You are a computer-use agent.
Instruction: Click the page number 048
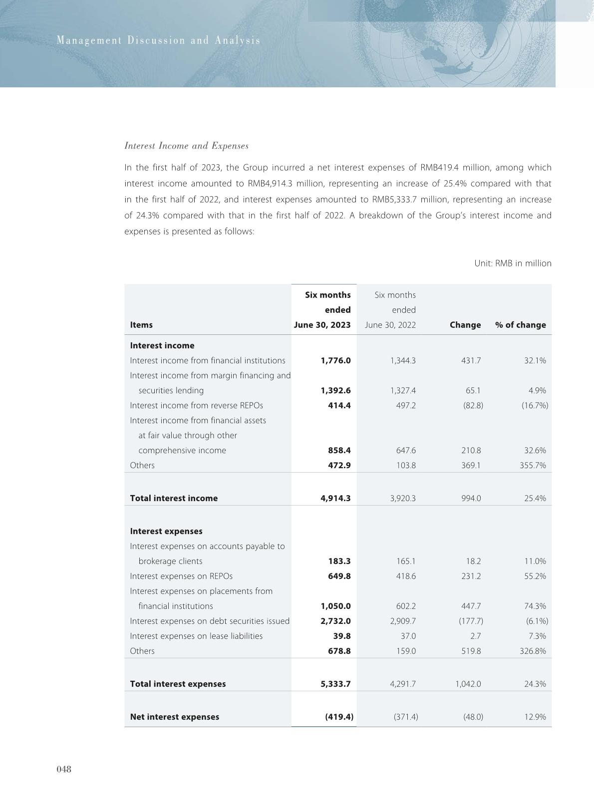click(x=64, y=769)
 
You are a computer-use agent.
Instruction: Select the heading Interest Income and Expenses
click(x=186, y=146)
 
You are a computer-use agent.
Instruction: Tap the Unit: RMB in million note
click(x=513, y=263)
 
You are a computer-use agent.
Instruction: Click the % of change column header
click(x=520, y=325)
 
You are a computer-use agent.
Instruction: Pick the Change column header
click(x=465, y=325)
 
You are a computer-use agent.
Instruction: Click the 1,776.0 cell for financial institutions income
click(x=335, y=360)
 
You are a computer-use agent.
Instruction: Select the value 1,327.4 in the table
click(x=402, y=390)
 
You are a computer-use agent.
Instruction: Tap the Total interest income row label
click(x=174, y=498)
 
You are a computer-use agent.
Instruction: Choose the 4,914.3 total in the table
click(x=335, y=498)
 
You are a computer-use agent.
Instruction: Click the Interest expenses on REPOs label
click(x=181, y=576)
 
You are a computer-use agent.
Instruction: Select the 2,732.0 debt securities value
click(x=335, y=621)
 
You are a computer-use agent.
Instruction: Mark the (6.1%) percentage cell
click(x=537, y=621)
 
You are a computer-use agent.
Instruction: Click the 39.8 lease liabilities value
click(x=341, y=636)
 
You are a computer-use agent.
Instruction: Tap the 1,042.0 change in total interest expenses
click(x=468, y=684)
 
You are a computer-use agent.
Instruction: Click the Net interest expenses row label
click(x=174, y=717)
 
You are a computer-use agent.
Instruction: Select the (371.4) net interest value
click(x=405, y=717)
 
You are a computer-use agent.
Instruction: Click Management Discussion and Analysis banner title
click(x=159, y=40)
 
